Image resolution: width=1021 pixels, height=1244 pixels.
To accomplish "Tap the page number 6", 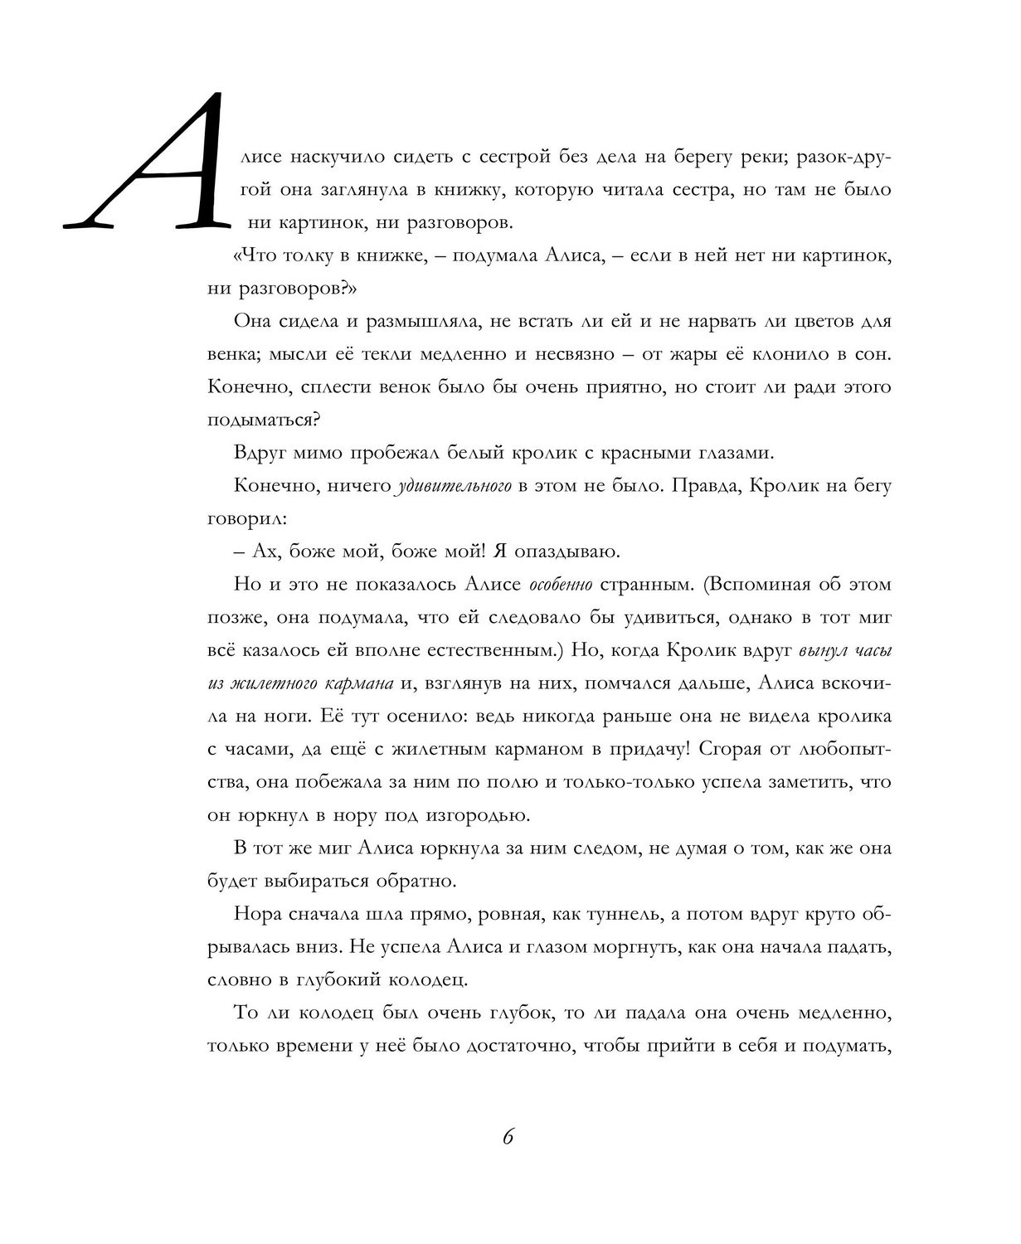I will point(509,1136).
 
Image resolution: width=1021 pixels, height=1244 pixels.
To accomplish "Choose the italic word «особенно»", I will point(560,585).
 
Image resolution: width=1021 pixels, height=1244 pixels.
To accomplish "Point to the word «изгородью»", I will point(476,814).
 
